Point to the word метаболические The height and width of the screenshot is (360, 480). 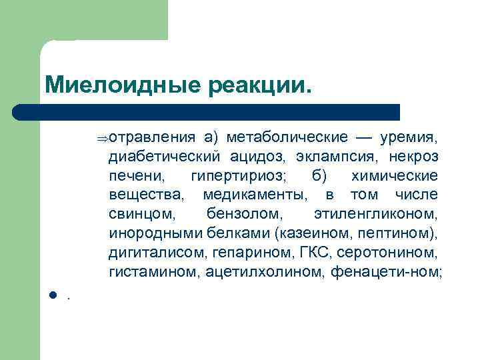287,137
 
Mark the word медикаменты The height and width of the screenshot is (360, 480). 254,195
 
